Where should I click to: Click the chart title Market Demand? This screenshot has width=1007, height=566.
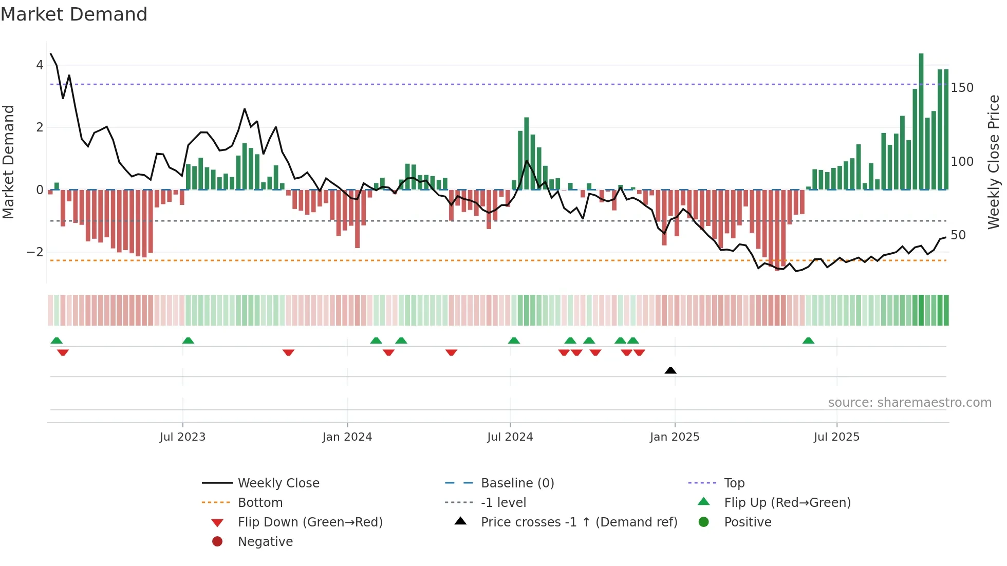tap(74, 14)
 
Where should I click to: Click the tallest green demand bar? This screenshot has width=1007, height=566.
tap(921, 122)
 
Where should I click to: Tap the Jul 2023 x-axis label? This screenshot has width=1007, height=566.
tap(182, 437)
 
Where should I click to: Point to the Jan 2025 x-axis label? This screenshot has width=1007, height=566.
tap(675, 437)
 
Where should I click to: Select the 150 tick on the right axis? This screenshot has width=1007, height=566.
tap(962, 88)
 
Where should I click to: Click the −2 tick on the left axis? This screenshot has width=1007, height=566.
tap(35, 252)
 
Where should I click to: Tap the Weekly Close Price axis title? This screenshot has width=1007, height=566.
tap(994, 162)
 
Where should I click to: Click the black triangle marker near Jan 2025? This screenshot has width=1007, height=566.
tap(670, 370)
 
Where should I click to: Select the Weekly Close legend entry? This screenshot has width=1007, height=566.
tap(278, 483)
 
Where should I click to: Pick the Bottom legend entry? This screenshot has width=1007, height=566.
tap(260, 503)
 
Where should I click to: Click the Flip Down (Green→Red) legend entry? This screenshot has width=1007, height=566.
tap(310, 522)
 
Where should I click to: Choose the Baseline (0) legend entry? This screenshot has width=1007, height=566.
tap(517, 483)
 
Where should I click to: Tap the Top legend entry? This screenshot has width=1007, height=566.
tap(734, 483)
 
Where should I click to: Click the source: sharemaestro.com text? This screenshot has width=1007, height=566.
tap(909, 403)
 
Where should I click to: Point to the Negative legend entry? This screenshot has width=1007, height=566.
tap(265, 542)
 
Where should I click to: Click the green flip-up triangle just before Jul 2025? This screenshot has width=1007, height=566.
tap(808, 341)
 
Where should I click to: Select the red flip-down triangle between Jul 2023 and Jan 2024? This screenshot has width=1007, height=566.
tap(288, 352)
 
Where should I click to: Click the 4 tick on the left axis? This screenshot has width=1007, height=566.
tap(40, 65)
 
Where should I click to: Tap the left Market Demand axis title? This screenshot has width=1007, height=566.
tap(8, 162)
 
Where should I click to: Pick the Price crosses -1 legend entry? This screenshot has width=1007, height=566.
tap(579, 522)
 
